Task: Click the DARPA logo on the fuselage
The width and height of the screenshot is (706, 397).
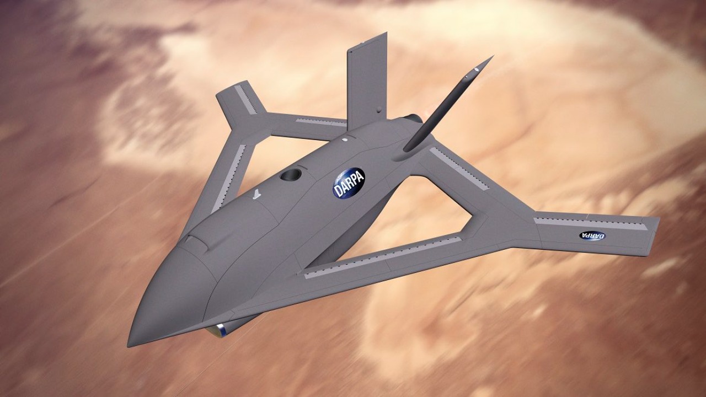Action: [349, 183]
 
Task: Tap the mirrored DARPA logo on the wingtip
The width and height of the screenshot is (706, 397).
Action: [592, 235]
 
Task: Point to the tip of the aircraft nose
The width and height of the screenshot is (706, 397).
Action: [130, 344]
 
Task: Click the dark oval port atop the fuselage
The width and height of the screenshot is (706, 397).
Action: [291, 175]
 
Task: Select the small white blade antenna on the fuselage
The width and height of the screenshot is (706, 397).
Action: [255, 194]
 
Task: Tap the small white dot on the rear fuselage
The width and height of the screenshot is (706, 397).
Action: [344, 140]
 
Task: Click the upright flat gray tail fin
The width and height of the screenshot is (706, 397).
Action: [366, 80]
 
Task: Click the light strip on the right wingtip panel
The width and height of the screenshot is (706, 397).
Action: [590, 223]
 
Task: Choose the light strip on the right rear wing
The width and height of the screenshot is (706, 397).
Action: [459, 169]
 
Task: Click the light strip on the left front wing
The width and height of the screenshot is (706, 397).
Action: [228, 178]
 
